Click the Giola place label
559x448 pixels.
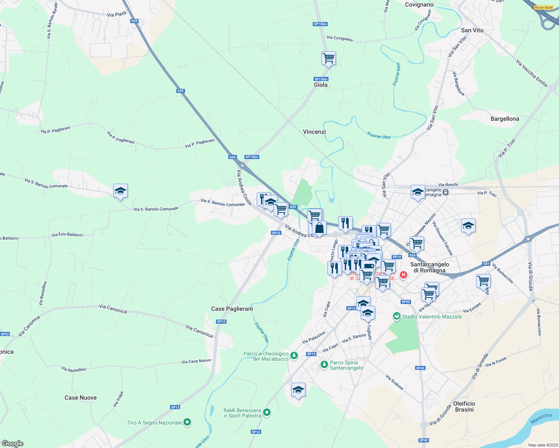pyautogui.click(x=321, y=85)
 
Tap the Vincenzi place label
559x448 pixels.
pyautogui.click(x=314, y=132)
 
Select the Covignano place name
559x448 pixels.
pyautogui.click(x=419, y=4)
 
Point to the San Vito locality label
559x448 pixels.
pyautogui.click(x=472, y=30)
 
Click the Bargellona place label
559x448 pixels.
pyautogui.click(x=504, y=119)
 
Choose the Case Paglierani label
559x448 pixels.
pyautogui.click(x=232, y=309)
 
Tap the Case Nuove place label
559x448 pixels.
pyautogui.click(x=81, y=398)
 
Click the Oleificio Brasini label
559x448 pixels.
pyautogui.click(x=464, y=407)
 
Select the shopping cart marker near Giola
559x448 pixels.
pyautogui.click(x=328, y=58)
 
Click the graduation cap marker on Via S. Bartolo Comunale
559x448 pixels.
pyautogui.click(x=120, y=191)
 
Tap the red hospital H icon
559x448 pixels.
pyautogui.click(x=404, y=275)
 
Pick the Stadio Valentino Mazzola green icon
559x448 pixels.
pyautogui.click(x=396, y=316)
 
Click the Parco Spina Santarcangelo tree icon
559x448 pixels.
pyautogui.click(x=324, y=364)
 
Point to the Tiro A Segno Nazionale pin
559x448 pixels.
pyautogui.click(x=188, y=422)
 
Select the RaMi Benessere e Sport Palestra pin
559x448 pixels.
pyautogui.click(x=266, y=413)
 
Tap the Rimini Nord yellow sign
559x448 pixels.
pyautogui.click(x=543, y=7)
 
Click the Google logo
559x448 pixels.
pyautogui.click(x=13, y=443)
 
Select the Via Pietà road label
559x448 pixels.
pyautogui.click(x=117, y=14)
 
